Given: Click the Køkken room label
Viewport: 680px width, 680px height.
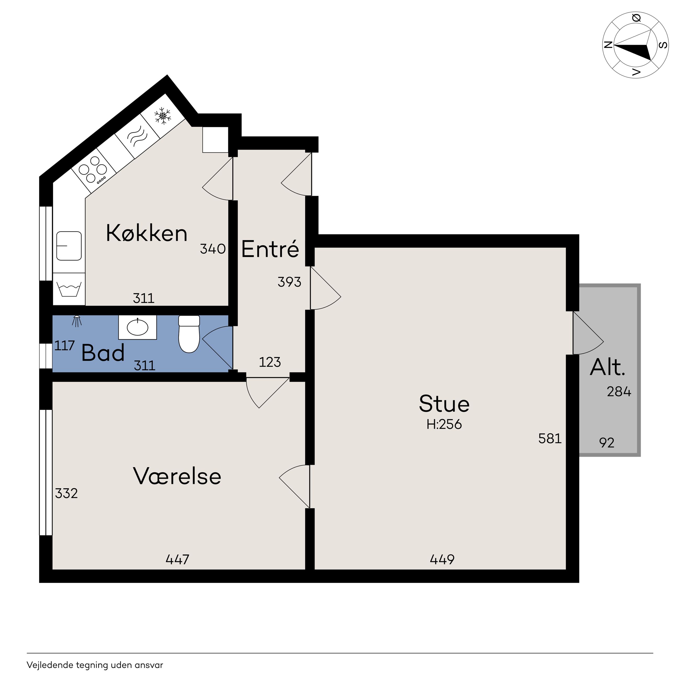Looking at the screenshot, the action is [x=146, y=233].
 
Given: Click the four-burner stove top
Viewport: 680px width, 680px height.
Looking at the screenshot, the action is [x=93, y=170].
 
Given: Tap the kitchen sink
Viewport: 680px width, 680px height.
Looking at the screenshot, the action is [x=69, y=246].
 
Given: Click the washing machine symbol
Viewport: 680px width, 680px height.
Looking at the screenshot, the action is [x=69, y=289].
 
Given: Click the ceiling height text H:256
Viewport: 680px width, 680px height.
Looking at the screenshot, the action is [x=444, y=424].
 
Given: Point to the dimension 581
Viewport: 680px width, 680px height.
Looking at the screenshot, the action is [x=550, y=439].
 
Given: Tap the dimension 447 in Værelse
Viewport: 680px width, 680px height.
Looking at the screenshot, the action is [x=177, y=559].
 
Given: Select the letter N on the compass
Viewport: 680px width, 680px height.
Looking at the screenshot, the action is [x=608, y=45].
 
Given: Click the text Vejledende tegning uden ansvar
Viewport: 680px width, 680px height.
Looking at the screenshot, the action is [x=95, y=665].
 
